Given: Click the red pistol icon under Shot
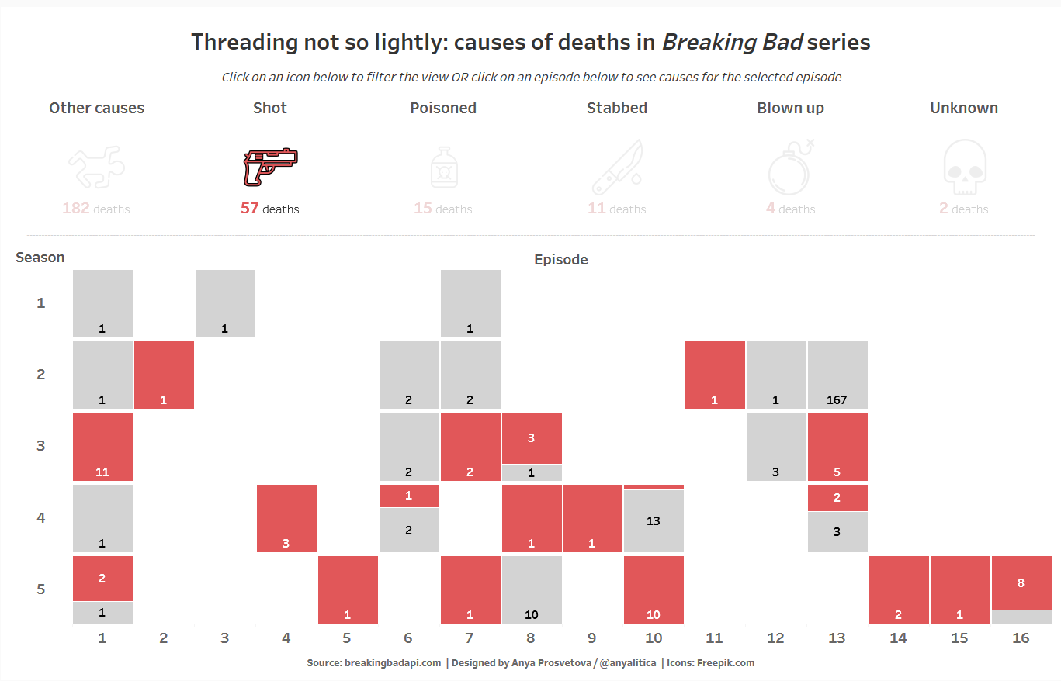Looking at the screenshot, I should coord(270,168).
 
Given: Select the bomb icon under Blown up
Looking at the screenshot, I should coord(790,168).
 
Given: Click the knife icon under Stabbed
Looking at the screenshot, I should coord(617,168).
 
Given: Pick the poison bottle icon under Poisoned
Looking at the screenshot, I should coord(443,168).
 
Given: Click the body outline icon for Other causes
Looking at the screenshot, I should coord(96,168).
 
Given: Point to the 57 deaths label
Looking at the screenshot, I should coord(269,209).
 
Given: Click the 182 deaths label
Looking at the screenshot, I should coord(96,209).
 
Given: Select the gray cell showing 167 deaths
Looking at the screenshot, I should coord(837,375).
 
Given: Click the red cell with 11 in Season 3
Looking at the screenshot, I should coord(102,447).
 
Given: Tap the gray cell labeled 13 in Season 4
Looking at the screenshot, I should coord(654,521).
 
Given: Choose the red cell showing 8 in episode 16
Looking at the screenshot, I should coord(1021,582).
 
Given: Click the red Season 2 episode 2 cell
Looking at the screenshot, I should coord(164,375).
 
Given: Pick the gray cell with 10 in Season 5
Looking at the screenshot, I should coord(532,589).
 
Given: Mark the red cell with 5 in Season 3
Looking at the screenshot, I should coord(837,447).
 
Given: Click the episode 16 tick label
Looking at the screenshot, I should coord(1021,638).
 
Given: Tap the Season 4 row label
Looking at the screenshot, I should coord(40,517).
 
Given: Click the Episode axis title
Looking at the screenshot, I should coord(560,260).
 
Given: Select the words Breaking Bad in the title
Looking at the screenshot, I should coord(731,42).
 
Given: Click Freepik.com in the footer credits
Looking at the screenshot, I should coord(725,663).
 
